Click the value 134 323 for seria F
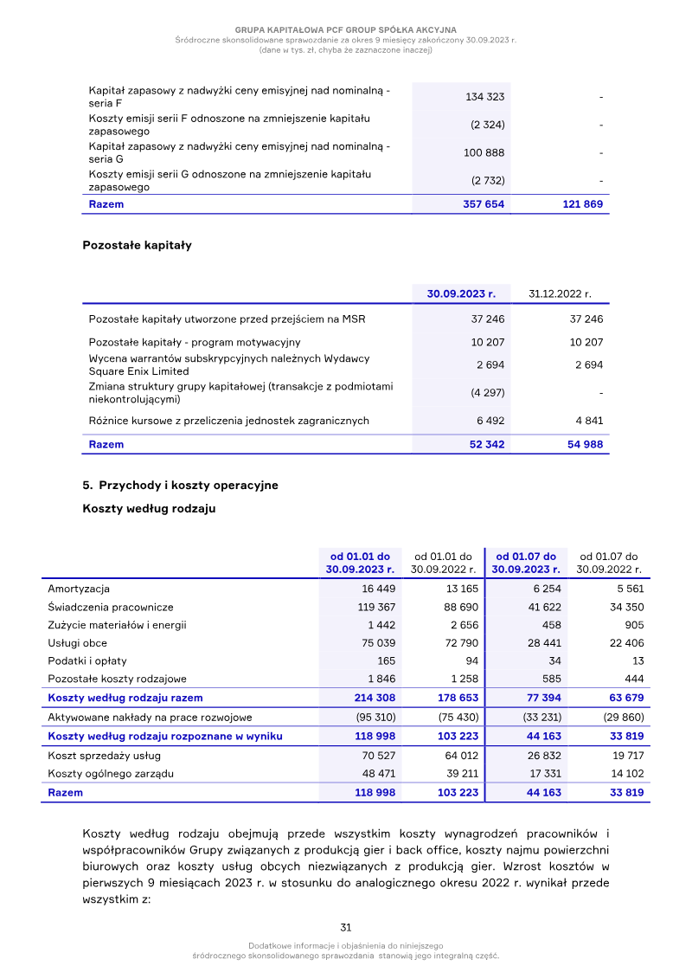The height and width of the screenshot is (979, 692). [x=485, y=97]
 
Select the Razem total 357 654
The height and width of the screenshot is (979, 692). [x=484, y=205]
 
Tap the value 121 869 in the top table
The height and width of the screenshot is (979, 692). [x=581, y=205]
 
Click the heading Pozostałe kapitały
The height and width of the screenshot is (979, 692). [x=137, y=245]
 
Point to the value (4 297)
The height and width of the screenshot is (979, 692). [x=488, y=393]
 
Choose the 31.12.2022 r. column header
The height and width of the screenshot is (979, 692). [x=560, y=294]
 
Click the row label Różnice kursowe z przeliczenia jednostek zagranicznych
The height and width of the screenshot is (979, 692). [x=228, y=421]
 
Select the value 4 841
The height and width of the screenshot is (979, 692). [x=587, y=421]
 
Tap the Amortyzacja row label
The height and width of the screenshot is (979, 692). [x=79, y=589]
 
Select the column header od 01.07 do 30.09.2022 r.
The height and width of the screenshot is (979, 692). [x=609, y=563]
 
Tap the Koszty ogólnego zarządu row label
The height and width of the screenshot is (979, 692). [x=111, y=774]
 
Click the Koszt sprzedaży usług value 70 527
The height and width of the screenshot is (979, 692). [x=376, y=756]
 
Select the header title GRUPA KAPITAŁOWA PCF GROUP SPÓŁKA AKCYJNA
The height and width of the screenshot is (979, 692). [x=346, y=29]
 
